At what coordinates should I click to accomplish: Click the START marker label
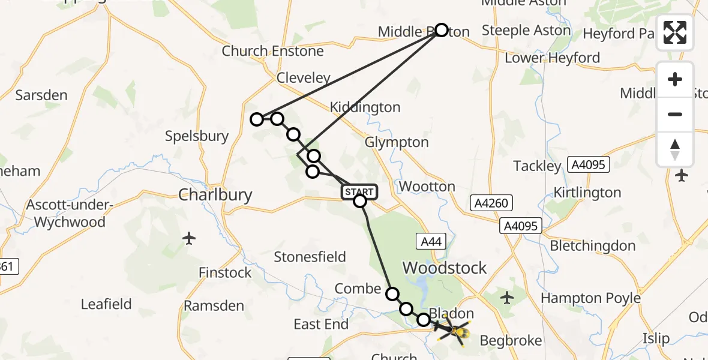(359, 192)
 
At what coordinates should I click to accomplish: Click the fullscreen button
(675, 32)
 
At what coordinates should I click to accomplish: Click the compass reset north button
(675, 149)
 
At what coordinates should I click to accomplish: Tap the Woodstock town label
(445, 268)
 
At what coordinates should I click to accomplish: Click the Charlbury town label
(215, 194)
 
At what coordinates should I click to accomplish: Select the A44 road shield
(432, 242)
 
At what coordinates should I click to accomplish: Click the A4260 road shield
(489, 203)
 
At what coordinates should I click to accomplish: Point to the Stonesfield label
(310, 257)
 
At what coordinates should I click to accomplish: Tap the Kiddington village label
(365, 107)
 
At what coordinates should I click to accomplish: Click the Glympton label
(397, 143)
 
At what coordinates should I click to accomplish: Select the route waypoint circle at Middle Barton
(442, 30)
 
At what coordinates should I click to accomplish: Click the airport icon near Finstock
(190, 238)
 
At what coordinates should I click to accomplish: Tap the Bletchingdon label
(593, 246)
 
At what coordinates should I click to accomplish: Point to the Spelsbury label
(197, 136)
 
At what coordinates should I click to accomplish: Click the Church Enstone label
(272, 51)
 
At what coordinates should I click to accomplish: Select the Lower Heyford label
(552, 58)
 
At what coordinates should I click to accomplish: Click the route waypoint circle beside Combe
(392, 293)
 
